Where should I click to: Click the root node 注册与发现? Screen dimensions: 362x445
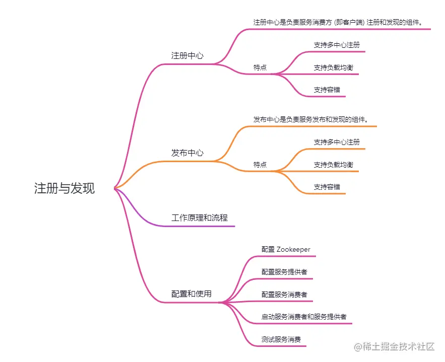point(64,188)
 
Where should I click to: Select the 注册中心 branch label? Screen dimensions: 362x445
point(187,55)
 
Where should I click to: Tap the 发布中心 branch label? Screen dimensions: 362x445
point(187,153)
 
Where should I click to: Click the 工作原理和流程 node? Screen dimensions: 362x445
point(200,218)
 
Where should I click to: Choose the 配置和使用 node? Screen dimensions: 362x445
point(192,294)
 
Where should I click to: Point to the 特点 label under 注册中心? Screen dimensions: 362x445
point(260,67)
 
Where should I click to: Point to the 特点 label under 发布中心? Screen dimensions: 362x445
point(260,165)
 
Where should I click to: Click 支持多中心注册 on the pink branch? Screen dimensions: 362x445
point(337,45)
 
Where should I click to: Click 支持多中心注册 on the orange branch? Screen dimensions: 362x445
point(337,142)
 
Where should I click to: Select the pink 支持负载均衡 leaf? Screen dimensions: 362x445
point(333,67)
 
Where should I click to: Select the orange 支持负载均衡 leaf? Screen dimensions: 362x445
point(333,165)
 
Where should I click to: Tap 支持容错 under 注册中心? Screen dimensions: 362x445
point(327,90)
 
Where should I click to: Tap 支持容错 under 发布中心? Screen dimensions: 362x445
point(327,187)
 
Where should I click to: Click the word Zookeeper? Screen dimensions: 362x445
point(293,249)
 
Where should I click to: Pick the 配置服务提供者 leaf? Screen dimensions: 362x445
point(284,272)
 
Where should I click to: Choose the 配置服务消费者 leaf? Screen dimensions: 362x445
point(284,295)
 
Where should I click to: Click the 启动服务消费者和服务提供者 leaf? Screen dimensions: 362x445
point(304,317)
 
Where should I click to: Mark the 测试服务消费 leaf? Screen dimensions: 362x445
point(281,340)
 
